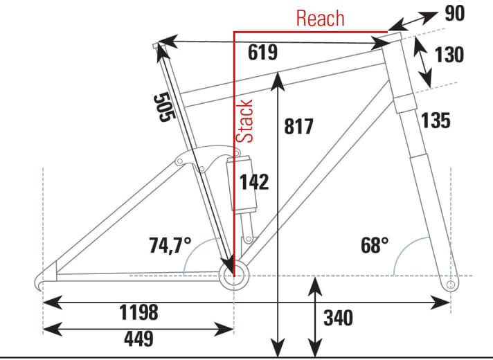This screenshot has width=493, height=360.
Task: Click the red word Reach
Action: point(321,18)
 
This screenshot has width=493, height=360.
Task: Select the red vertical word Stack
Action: point(244,121)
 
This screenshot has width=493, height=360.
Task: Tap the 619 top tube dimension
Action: point(263,53)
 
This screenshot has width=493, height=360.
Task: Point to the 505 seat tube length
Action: point(164,107)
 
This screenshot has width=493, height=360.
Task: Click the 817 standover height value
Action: point(298,127)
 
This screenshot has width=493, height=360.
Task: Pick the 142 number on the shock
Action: point(254,181)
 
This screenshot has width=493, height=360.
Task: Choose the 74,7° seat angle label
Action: point(170,245)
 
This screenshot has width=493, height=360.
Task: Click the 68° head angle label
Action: point(375,245)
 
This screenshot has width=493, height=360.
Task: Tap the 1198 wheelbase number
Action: point(138,312)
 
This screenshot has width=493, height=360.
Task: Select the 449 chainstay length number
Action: point(139,339)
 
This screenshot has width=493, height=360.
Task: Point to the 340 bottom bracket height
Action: point(339,318)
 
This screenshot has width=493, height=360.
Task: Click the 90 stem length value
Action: point(455,14)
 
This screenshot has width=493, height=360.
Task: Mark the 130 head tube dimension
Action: point(449,55)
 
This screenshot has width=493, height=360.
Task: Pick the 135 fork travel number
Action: point(436,120)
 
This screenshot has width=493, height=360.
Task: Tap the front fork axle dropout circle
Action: point(451,285)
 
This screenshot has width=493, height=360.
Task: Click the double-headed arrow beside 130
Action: point(422,62)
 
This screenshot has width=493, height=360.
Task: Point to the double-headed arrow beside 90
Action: point(413,21)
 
